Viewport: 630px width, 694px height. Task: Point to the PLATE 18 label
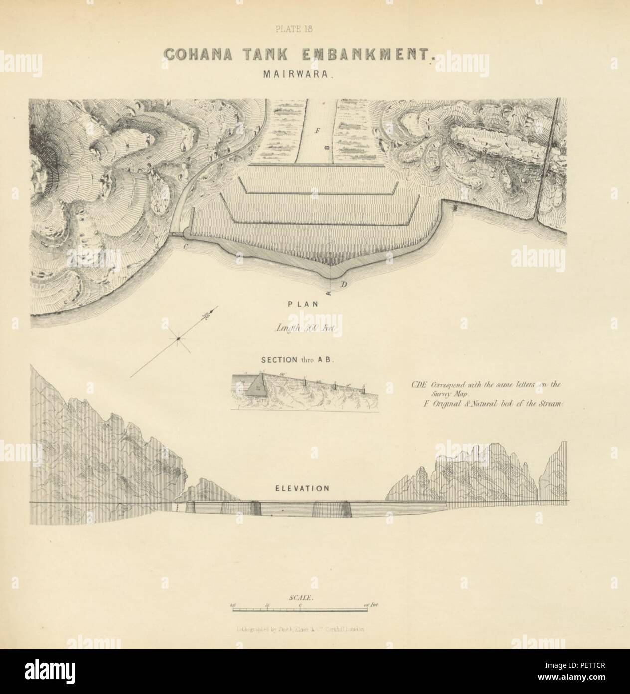coord(294,29)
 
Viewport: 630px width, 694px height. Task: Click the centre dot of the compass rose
coord(177,340)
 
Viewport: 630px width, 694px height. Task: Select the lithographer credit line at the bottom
coord(301,630)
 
